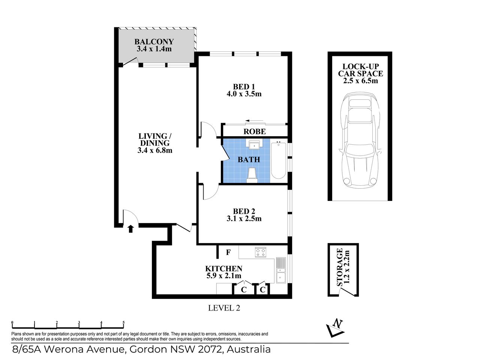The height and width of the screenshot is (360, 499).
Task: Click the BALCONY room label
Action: [x=154, y=42]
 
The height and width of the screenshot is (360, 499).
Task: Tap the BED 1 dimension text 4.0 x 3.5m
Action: [x=244, y=94]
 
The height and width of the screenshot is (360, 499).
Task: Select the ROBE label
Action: [x=255, y=132]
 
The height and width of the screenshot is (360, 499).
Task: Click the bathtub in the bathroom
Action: [x=278, y=160]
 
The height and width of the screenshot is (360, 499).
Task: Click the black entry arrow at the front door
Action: [x=130, y=228]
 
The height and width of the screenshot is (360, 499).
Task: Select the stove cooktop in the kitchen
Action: [x=260, y=252]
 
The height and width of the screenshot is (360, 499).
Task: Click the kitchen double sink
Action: [x=281, y=270]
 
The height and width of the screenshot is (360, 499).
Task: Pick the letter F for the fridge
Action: [x=228, y=252]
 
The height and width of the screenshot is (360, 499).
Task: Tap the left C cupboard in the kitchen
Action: [x=243, y=289]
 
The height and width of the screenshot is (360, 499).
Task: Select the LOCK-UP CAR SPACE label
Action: [x=360, y=70]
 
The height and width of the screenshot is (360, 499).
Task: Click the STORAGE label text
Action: [x=340, y=267]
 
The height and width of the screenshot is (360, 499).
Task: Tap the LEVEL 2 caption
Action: [x=224, y=308]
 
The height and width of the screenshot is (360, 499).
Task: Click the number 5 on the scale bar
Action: [x=123, y=322]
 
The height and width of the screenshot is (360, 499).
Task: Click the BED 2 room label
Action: [x=244, y=211]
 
